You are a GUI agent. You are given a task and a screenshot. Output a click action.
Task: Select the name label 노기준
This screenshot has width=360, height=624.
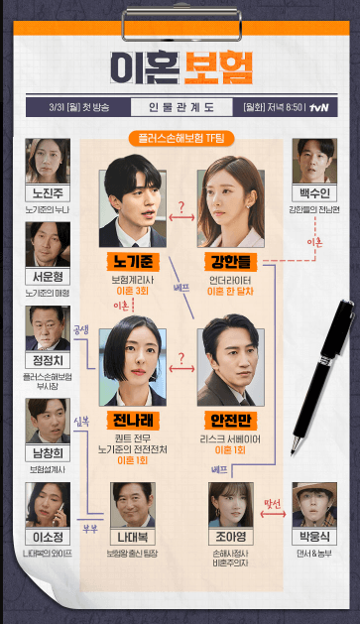pyautogui.click(x=132, y=262)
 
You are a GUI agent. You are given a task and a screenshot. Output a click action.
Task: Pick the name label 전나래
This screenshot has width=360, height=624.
pyautogui.click(x=132, y=419)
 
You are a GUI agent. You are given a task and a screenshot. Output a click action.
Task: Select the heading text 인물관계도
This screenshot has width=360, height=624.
pyautogui.click(x=180, y=104)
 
